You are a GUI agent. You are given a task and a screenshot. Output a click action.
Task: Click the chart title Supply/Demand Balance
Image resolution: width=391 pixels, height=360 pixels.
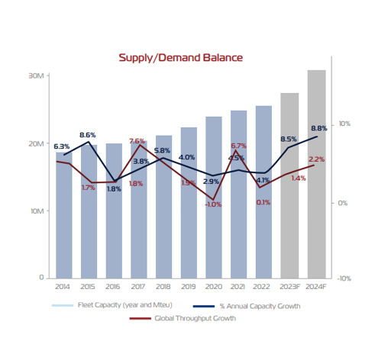(180, 58)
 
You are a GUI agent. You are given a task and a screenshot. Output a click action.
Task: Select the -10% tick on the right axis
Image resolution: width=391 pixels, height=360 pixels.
(344, 278)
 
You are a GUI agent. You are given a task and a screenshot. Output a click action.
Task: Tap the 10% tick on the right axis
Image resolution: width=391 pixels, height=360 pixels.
(344, 124)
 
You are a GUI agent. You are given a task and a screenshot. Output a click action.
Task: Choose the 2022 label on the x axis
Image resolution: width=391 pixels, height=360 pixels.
(263, 287)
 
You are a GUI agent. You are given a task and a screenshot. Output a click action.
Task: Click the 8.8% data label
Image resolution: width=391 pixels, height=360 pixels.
(319, 128)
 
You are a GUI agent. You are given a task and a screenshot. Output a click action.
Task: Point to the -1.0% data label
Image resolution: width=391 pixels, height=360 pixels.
(213, 204)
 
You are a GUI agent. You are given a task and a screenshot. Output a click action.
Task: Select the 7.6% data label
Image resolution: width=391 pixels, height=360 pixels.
(137, 141)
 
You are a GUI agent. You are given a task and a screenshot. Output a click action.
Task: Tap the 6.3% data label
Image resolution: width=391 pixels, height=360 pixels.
(61, 146)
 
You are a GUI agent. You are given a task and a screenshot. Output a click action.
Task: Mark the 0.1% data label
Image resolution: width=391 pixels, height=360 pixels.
(263, 202)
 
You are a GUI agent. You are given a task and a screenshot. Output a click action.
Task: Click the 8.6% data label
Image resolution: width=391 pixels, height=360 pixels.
(87, 135)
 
